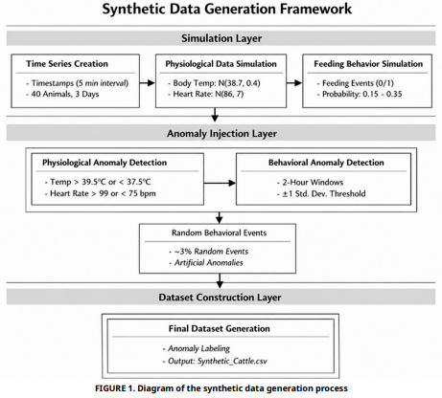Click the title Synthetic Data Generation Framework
pyautogui.click(x=227, y=9)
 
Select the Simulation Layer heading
pyautogui.click(x=221, y=38)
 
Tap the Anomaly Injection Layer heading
pyautogui.click(x=221, y=133)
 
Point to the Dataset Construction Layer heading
pyautogui.click(x=220, y=298)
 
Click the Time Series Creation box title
pyautogui.click(x=67, y=64)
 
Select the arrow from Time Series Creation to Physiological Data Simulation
pyautogui.click(x=148, y=83)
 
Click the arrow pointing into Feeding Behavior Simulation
pyautogui.click(x=294, y=83)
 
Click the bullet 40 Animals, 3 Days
pyautogui.click(x=62, y=94)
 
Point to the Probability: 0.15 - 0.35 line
pyautogui.click(x=360, y=94)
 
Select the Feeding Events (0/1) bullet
pyautogui.click(x=356, y=83)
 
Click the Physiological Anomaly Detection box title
pyautogui.click(x=105, y=163)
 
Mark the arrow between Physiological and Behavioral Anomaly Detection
pyautogui.click(x=220, y=183)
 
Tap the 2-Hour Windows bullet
pyautogui.click(x=310, y=183)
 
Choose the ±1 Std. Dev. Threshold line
pyautogui.click(x=321, y=193)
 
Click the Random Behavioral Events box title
pyautogui.click(x=219, y=232)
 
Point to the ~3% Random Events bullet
pyautogui.click(x=209, y=252)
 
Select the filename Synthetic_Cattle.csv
pyautogui.click(x=232, y=362)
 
